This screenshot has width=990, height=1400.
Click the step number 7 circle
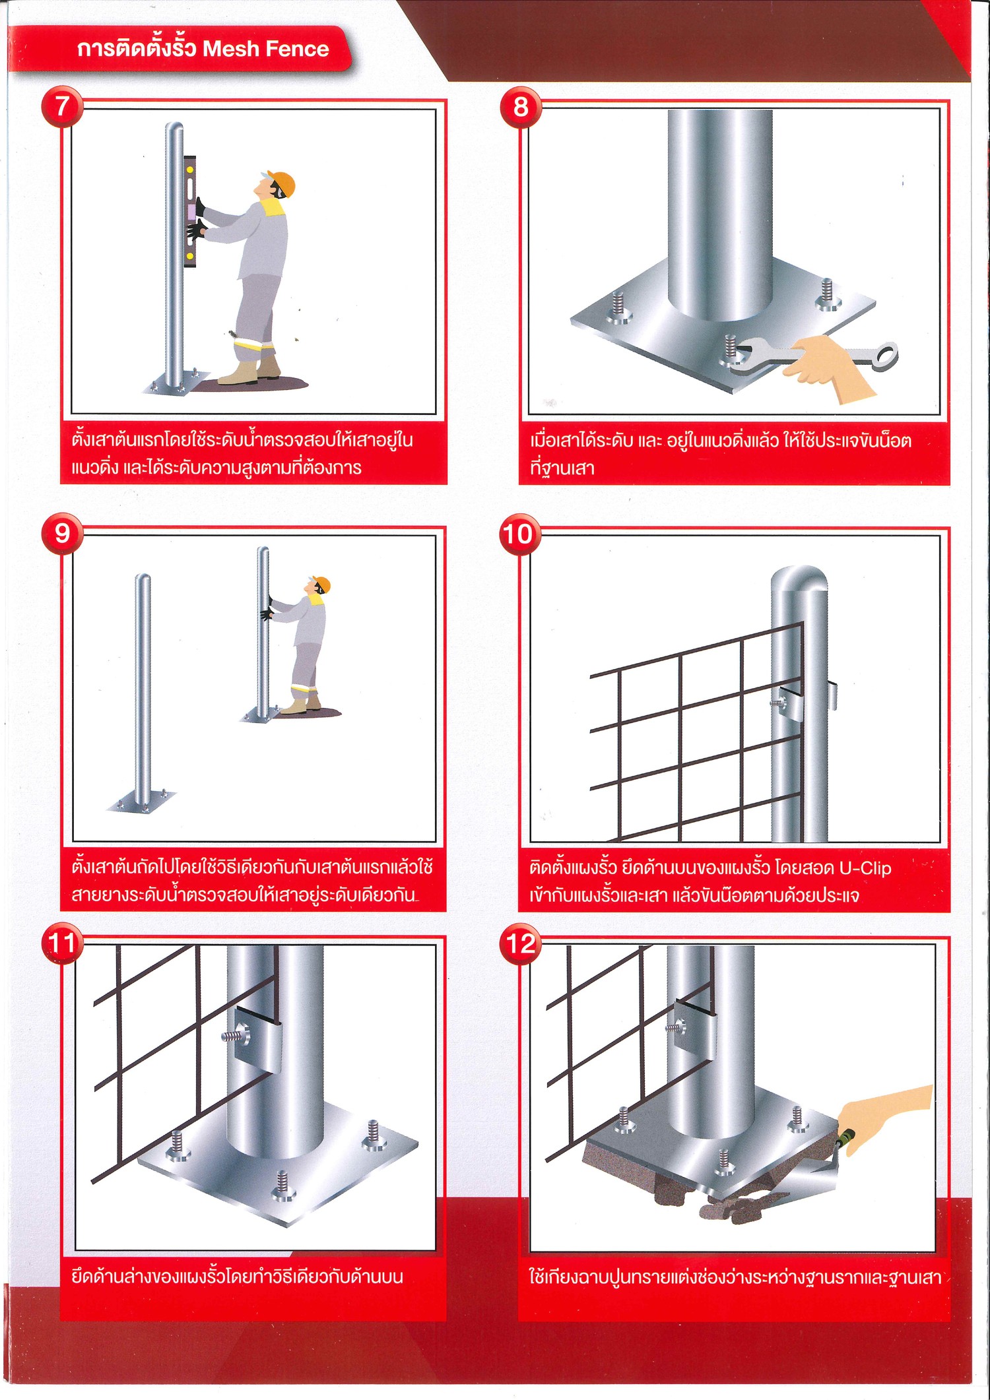click(61, 106)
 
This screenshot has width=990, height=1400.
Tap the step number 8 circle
click(520, 106)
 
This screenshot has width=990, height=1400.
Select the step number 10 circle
click(519, 533)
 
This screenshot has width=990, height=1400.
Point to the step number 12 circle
click(520, 943)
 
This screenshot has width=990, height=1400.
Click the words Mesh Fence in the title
click(265, 49)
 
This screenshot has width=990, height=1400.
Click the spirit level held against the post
click(190, 211)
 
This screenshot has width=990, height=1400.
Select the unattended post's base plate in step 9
click(142, 802)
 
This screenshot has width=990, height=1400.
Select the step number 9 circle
click(61, 533)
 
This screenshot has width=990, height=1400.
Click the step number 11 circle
click(61, 943)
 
